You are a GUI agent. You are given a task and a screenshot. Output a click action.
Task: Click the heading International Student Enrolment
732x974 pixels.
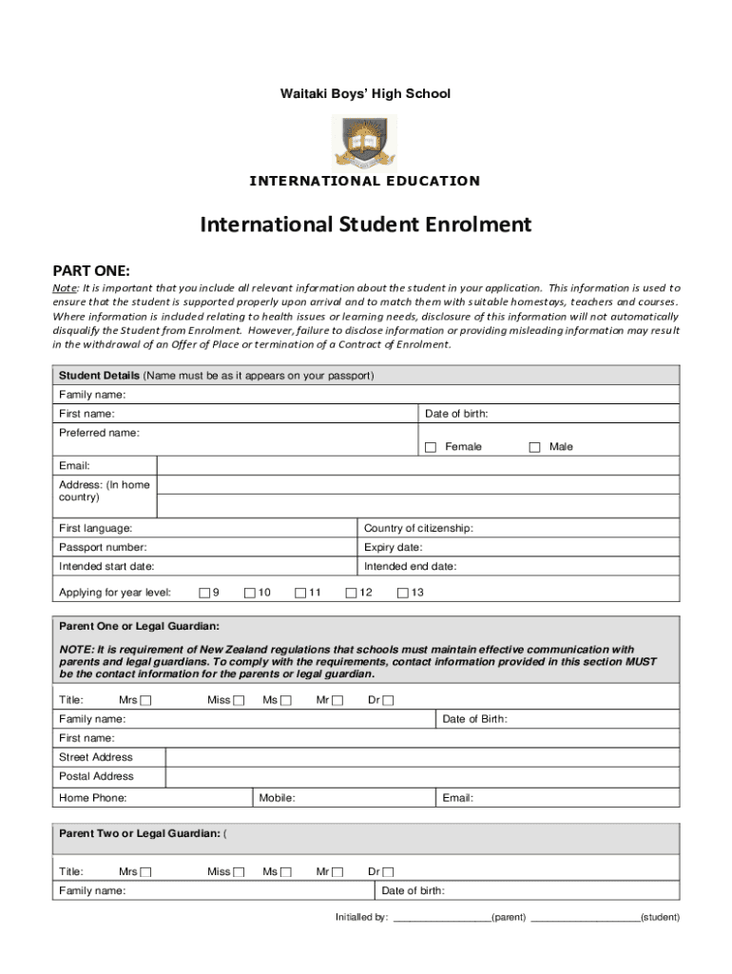[365, 225]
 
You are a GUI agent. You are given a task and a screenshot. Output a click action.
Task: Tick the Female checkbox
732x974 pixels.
[431, 447]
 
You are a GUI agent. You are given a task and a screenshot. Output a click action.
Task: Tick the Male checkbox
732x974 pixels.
[534, 447]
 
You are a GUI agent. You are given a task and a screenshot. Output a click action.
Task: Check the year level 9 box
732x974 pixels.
[204, 594]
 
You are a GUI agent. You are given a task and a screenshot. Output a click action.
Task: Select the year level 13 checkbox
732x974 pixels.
[402, 594]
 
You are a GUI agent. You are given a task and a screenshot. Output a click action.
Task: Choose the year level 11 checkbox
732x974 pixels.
[300, 594]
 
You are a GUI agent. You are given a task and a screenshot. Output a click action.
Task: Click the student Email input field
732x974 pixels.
[418, 466]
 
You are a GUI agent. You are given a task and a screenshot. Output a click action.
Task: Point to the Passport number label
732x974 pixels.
[103, 548]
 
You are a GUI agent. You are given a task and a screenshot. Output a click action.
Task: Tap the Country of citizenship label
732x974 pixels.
[418, 529]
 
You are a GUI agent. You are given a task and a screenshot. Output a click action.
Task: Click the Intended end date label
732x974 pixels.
[410, 567]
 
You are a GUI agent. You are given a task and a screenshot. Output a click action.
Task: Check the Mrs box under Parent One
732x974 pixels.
[146, 701]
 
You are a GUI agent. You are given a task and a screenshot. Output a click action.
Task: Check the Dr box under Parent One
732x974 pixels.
[388, 701]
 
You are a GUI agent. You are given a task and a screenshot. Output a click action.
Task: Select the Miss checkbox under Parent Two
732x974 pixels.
[240, 872]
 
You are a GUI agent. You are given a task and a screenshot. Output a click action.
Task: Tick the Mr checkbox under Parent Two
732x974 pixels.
[337, 872]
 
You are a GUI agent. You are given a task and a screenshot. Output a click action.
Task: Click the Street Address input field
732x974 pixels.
[422, 757]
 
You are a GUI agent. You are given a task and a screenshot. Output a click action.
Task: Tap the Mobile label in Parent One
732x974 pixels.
[277, 799]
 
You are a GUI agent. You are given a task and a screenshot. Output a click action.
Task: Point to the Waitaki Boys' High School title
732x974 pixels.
[365, 94]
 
